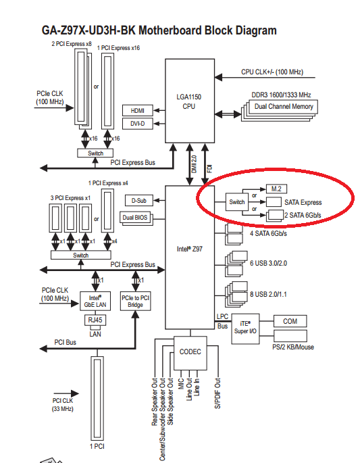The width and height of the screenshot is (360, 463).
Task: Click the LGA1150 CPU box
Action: [190, 101]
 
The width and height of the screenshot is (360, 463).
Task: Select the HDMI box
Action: [138, 110]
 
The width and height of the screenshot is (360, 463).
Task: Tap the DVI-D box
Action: [138, 124]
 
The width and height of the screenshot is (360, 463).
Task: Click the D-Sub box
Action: [139, 201]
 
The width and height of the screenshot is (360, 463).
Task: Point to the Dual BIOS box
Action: [135, 218]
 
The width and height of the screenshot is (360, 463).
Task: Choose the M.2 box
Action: [276, 189]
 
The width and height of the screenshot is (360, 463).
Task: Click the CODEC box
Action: [190, 353]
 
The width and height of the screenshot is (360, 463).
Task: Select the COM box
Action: [290, 321]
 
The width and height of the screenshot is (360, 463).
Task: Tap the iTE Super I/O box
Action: [245, 328]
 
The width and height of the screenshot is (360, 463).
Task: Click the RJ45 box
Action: [95, 320]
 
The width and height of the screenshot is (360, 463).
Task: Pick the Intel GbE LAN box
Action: [95, 301]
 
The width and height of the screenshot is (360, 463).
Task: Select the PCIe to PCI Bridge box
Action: [136, 301]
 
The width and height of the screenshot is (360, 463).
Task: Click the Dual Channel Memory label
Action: [284, 107]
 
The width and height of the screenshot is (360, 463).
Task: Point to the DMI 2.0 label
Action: [194, 164]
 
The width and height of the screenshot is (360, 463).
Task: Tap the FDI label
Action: [209, 169]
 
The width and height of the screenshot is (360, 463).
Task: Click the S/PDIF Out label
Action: [217, 393]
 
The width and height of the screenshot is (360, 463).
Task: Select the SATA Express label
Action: [303, 202]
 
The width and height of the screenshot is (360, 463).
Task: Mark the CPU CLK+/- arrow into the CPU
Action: [265, 78]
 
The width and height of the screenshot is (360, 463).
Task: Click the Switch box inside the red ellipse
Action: [237, 202]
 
